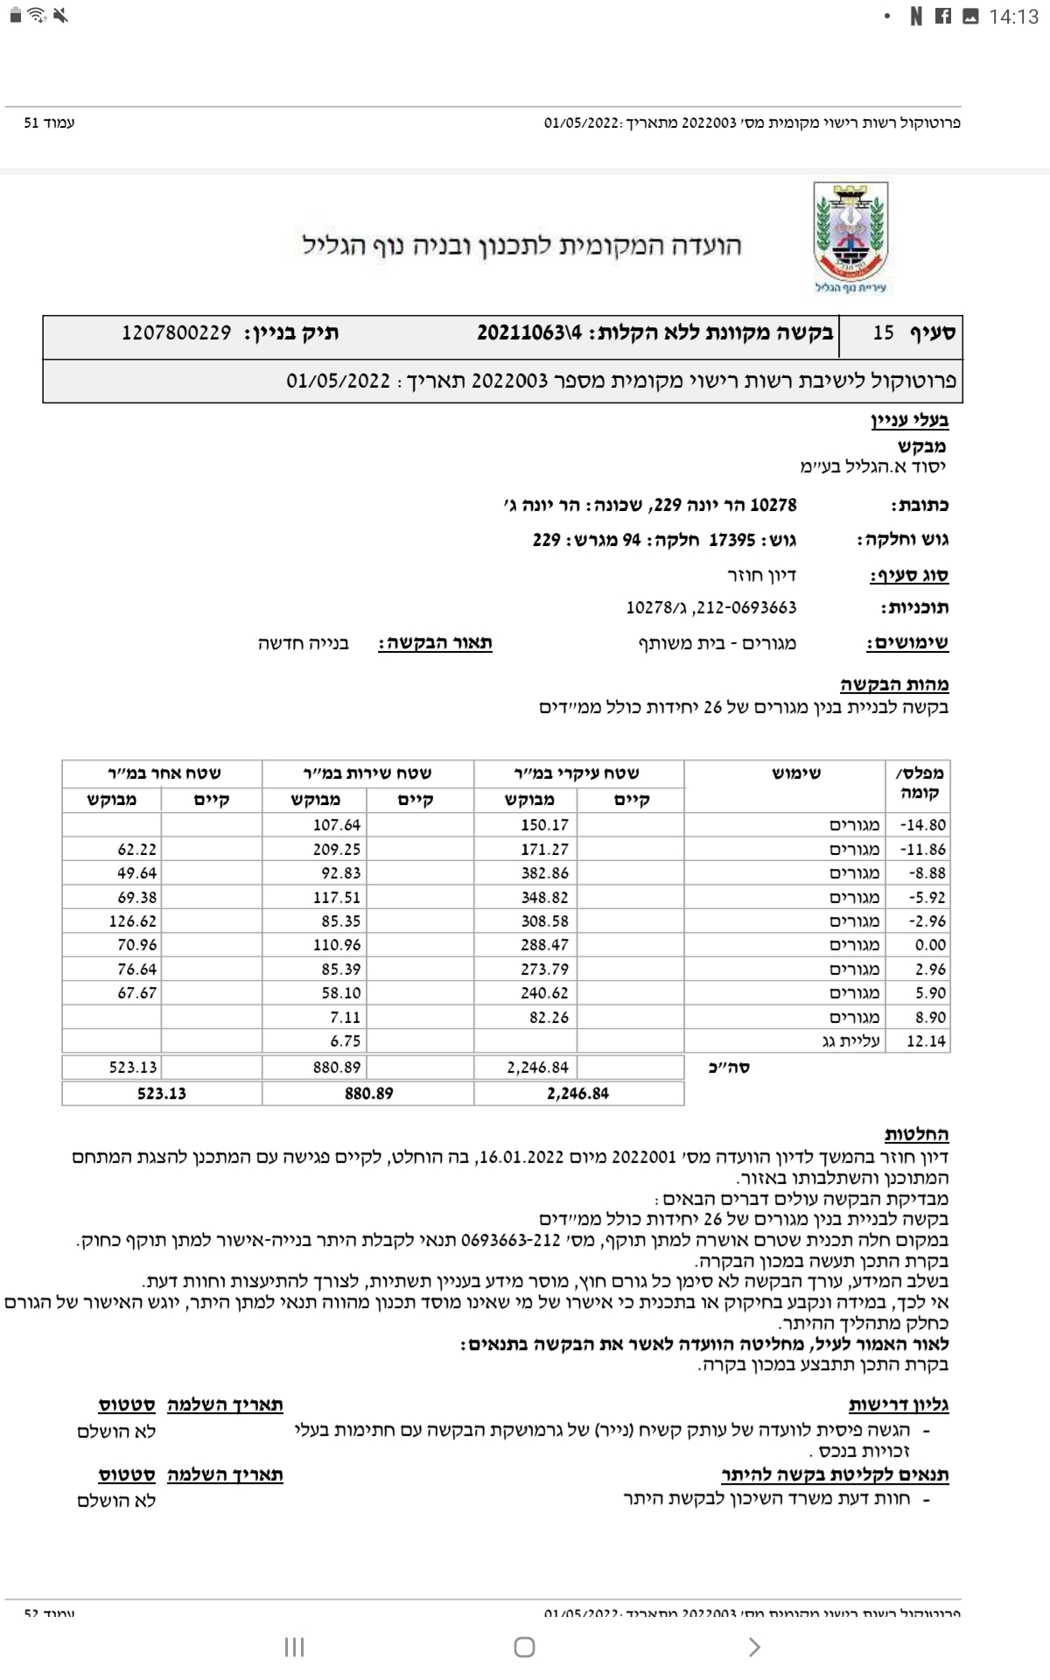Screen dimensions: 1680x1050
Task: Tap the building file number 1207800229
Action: point(177,333)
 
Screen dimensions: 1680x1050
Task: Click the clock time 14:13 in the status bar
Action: point(1012,16)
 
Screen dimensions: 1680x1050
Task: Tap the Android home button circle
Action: point(524,1647)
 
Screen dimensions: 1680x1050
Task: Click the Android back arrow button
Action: point(754,1647)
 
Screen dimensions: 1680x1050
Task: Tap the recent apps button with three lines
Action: point(294,1647)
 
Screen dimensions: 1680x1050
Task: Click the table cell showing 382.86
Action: point(544,873)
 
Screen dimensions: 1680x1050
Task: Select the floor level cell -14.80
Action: point(926,825)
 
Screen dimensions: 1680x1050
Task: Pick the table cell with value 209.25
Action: point(337,850)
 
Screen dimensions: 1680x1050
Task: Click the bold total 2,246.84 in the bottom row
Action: point(577,1094)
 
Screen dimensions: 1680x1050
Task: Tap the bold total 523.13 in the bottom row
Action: point(161,1094)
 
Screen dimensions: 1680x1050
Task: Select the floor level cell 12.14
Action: point(926,1041)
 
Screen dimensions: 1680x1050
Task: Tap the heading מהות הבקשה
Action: point(894,685)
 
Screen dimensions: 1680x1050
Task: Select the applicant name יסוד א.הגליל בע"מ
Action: point(873,465)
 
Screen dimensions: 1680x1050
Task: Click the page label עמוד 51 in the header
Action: point(49,123)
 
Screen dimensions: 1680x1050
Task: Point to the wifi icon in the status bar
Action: point(37,16)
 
